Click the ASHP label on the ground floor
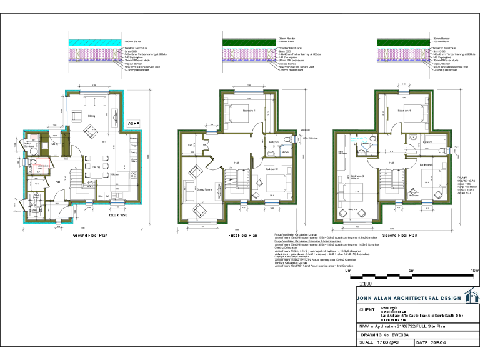coord(134,124)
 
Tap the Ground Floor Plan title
coord(91,236)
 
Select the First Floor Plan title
coord(243,236)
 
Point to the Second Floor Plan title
coord(400,236)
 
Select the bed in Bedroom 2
coord(274,182)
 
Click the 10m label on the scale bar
coord(474,270)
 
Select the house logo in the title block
coord(470,296)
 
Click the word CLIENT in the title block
coord(367,309)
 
